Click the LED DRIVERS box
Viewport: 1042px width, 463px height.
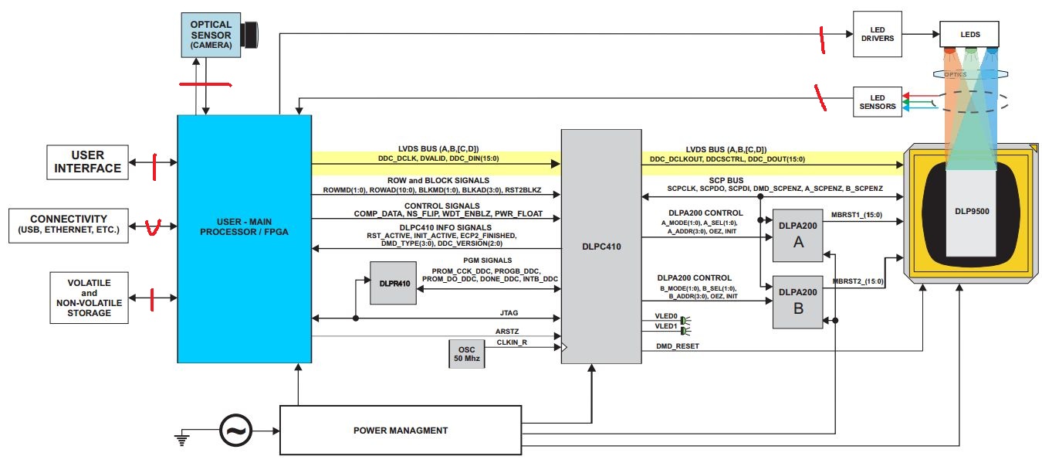point(877,33)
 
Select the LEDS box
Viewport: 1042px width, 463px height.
point(969,34)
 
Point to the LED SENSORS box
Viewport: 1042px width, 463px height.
point(877,102)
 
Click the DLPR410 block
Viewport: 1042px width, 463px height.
point(392,283)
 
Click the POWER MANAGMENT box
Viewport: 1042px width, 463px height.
point(400,431)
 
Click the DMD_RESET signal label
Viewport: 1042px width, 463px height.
point(677,346)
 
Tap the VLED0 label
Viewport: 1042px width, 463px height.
point(666,316)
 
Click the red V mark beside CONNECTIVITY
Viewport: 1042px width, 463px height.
point(153,227)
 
